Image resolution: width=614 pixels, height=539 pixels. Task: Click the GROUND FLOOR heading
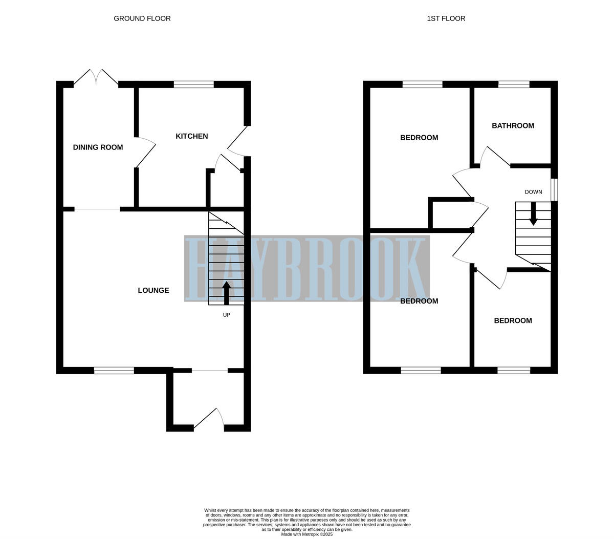coord(142,18)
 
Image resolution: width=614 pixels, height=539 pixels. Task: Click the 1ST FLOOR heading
coord(446,18)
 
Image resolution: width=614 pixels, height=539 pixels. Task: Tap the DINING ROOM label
coord(98,147)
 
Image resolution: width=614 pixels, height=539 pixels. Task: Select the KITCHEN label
coord(191,136)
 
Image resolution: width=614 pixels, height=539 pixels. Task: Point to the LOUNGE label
coord(153,290)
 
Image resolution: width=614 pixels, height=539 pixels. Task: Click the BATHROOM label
coord(513,125)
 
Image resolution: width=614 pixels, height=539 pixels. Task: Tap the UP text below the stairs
coord(226,315)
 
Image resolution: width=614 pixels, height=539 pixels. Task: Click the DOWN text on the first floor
coord(533,192)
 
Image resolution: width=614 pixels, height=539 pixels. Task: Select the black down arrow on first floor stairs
coord(533,214)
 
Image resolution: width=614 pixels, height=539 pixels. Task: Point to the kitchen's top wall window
coord(193,84)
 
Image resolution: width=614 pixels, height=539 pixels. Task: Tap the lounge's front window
coord(114,370)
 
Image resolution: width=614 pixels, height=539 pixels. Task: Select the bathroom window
coord(514,84)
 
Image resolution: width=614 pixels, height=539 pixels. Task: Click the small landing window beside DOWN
coord(554,190)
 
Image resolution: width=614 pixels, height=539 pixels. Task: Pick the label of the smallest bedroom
coord(513,320)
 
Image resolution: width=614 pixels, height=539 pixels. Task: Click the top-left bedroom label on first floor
coord(419,137)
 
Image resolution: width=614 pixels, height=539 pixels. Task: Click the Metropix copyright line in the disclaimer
coord(306,534)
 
